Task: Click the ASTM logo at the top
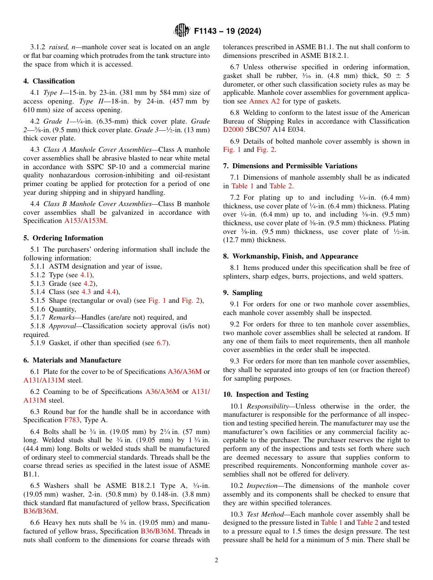tap(181, 31)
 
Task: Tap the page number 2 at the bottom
tap(216, 560)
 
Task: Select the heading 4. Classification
tap(49, 81)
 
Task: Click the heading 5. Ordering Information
tap(63, 238)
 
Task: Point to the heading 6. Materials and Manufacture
tap(72, 360)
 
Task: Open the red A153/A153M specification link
tap(85, 221)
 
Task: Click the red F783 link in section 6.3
tap(72, 420)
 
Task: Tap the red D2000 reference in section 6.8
tap(232, 129)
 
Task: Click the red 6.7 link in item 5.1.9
tap(161, 343)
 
